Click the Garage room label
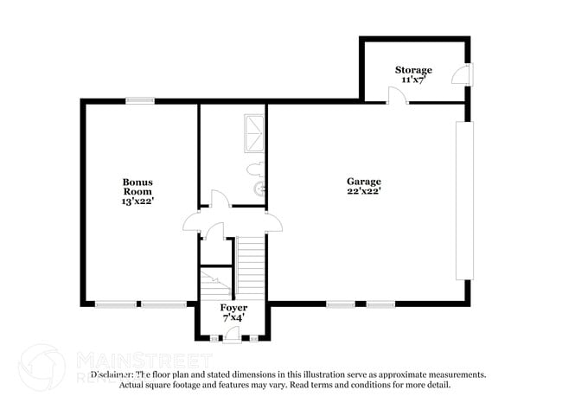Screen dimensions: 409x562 364,181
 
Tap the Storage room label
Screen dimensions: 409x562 413,69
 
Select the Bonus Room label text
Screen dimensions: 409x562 137,187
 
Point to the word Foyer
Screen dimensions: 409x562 233,308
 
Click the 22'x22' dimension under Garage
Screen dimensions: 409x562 364,191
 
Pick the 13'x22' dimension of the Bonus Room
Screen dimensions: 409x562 137,201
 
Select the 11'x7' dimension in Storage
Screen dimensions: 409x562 413,80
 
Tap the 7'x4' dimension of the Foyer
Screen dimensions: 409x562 233,317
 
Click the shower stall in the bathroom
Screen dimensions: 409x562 255,133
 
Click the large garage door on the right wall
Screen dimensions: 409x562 464,201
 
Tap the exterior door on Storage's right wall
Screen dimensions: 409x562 466,75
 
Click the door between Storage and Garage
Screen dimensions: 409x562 397,95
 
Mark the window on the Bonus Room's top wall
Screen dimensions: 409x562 140,101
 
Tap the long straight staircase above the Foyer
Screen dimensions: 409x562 249,267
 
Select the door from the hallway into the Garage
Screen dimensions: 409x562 273,222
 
